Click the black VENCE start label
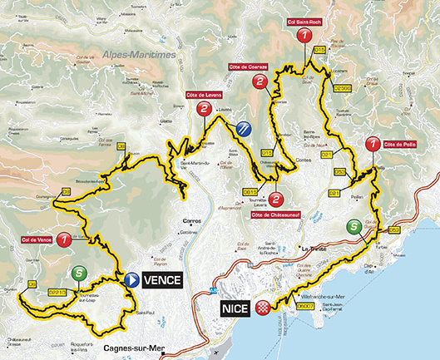coord(162,280)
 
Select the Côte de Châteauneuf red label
coord(275,218)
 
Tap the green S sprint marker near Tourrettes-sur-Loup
coord(78,272)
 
